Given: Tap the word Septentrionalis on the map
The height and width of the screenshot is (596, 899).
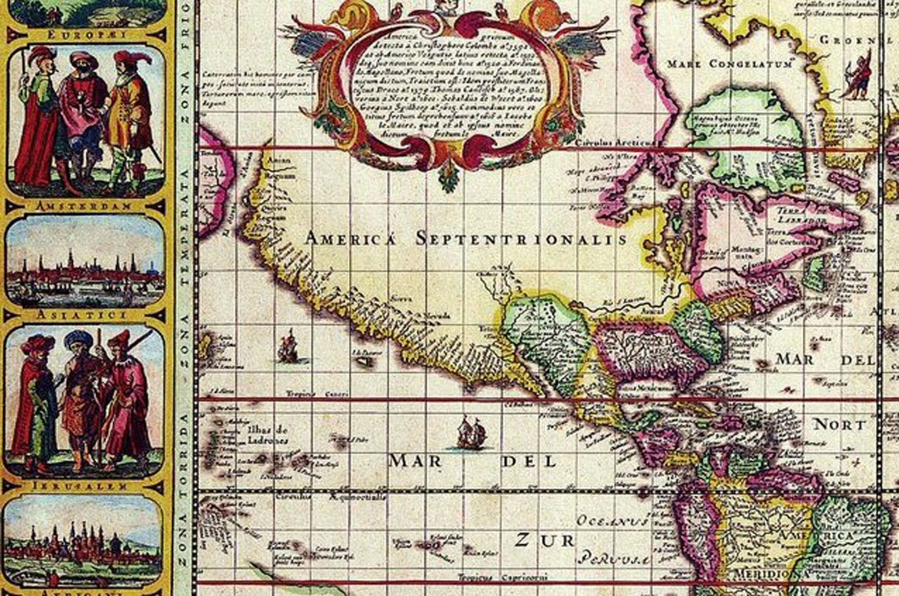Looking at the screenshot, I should tap(521, 238).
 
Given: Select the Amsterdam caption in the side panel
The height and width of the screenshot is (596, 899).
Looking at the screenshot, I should tap(83, 206).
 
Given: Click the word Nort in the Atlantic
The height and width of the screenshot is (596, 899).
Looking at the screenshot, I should tap(840, 425).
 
